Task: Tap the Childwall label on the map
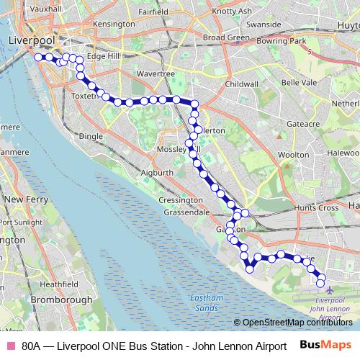240,84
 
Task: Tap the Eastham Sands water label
207,302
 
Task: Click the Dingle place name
91,135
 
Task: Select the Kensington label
114,24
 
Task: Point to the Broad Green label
226,37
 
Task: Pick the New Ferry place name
25,198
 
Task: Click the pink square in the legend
10,346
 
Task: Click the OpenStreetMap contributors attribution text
294,323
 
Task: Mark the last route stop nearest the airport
320,280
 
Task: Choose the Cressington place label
176,200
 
